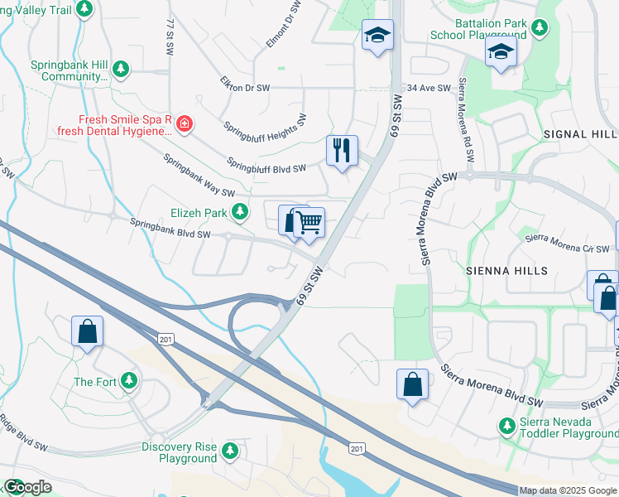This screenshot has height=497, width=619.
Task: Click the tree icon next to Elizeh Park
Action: (240, 213)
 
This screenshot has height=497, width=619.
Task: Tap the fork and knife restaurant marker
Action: (342, 151)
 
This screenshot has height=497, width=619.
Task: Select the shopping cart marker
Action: (309, 222)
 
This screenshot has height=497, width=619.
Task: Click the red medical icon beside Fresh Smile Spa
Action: (184, 125)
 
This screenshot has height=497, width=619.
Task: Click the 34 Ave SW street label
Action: (429, 88)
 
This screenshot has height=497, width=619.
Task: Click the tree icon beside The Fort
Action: (128, 381)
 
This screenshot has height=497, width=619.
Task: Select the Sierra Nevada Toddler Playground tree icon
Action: (507, 426)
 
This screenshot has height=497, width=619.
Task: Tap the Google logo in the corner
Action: (26, 487)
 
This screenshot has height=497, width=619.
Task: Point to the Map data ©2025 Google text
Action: (568, 490)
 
